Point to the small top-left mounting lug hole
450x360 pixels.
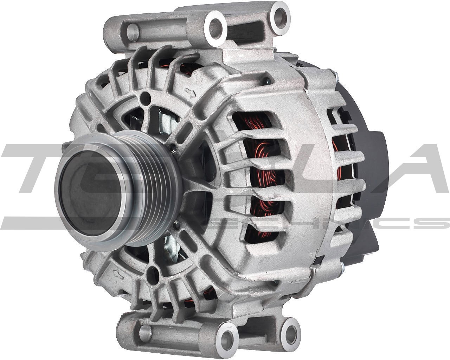tap(133, 32)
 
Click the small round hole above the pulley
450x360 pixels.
tap(144, 97)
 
